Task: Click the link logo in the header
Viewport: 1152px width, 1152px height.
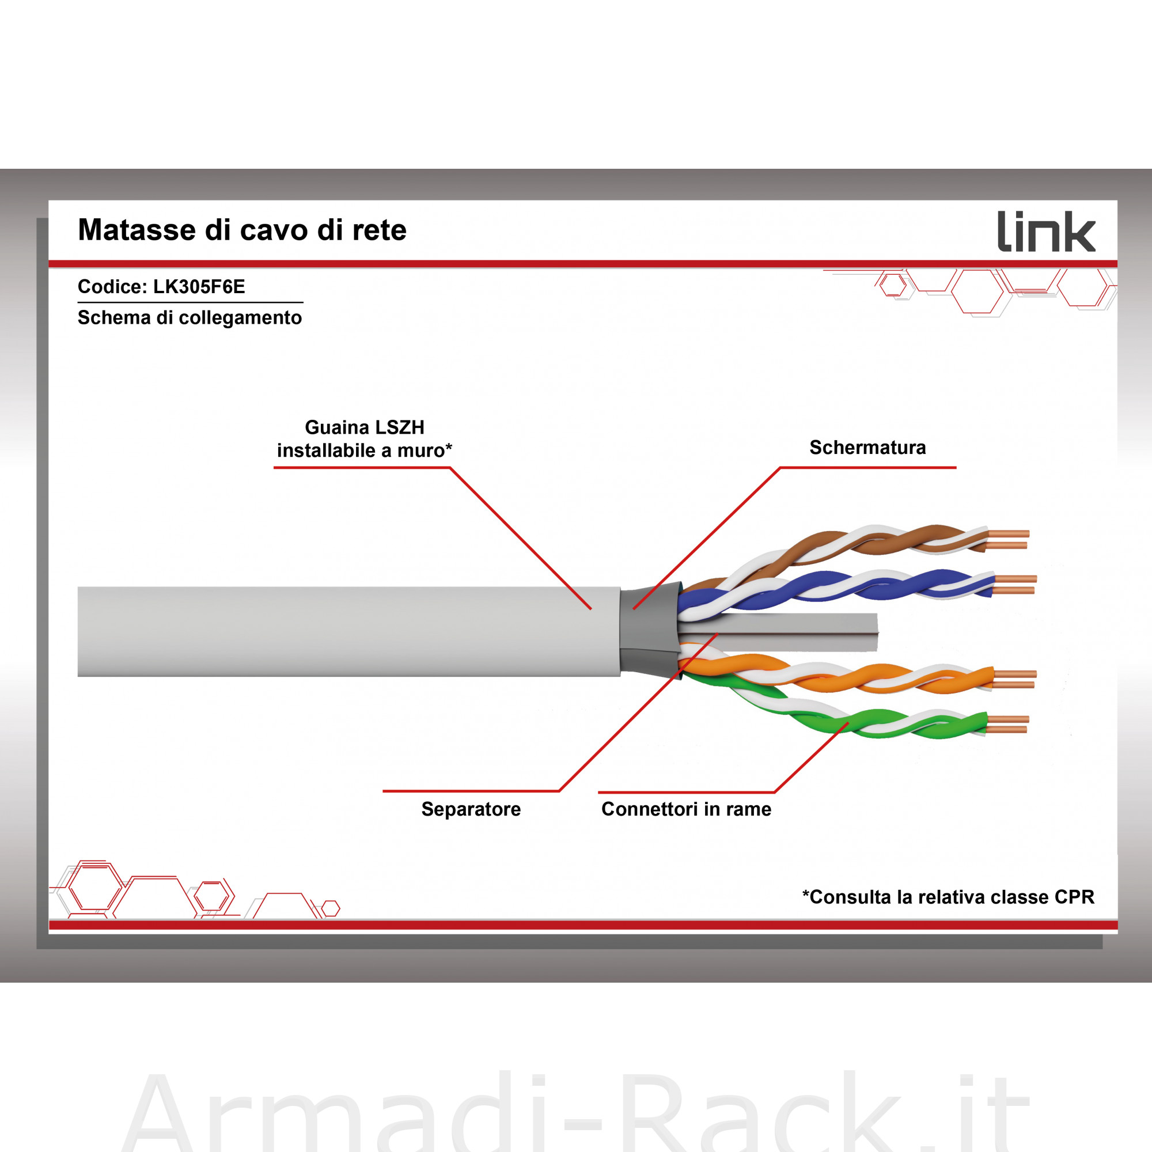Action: click(1047, 232)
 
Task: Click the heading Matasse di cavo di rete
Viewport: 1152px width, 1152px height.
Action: click(242, 230)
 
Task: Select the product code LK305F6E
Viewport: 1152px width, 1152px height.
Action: click(199, 287)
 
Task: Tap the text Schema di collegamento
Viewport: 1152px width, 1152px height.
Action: click(190, 318)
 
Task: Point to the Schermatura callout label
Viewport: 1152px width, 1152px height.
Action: click(867, 447)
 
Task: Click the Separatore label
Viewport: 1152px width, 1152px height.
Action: click(471, 809)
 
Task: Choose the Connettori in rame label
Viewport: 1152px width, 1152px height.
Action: click(687, 809)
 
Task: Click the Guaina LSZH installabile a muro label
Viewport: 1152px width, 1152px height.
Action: click(365, 439)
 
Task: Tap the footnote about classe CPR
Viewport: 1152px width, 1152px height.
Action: click(948, 897)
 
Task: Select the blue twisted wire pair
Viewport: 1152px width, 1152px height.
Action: click(835, 590)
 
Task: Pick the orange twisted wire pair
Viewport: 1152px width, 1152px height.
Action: click(835, 675)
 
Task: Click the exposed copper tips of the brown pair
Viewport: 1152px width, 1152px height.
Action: click(1007, 539)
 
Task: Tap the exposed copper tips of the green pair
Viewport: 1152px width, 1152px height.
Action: click(1007, 725)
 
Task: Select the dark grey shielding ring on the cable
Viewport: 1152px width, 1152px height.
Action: click(650, 631)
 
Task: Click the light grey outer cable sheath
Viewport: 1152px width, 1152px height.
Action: click(349, 631)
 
